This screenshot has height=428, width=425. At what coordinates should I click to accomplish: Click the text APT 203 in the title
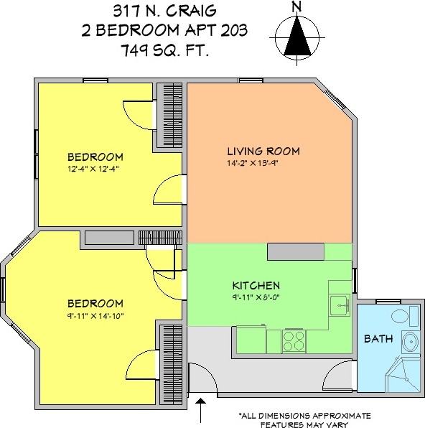click(x=218, y=31)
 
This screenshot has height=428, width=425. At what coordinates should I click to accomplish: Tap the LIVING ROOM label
click(x=263, y=152)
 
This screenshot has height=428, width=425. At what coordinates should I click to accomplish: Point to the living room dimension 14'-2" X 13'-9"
click(x=263, y=163)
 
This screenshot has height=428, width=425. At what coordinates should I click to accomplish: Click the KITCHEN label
click(x=256, y=285)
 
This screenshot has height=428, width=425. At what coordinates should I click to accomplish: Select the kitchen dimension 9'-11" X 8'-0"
click(x=256, y=297)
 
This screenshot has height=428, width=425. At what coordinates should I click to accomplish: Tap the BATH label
click(x=377, y=338)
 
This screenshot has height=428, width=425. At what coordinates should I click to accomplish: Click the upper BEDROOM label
click(x=95, y=157)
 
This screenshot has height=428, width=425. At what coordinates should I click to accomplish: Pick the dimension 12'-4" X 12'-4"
click(x=95, y=169)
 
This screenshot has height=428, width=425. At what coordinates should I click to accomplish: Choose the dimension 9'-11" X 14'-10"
click(x=95, y=315)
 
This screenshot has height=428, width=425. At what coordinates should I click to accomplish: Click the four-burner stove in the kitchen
click(x=294, y=338)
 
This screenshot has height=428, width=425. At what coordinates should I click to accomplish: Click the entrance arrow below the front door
click(x=200, y=411)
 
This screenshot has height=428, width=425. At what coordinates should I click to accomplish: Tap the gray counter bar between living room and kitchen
click(x=309, y=251)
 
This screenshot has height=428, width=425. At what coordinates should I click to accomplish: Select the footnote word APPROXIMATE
click(x=340, y=415)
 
